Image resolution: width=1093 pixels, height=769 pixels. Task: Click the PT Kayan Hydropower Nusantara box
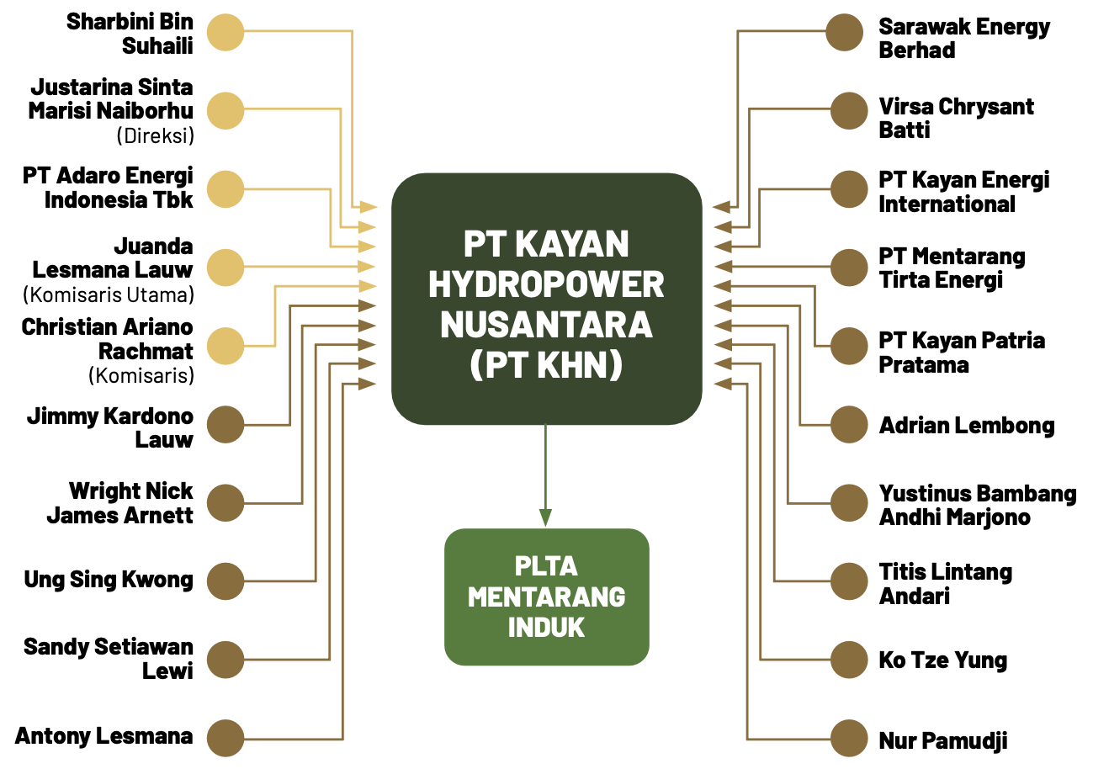[x=546, y=299]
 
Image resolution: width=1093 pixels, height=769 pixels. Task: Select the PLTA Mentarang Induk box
[x=546, y=597]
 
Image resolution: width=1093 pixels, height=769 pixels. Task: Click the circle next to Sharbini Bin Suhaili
[x=225, y=32]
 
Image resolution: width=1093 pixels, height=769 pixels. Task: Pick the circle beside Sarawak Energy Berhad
[x=844, y=33]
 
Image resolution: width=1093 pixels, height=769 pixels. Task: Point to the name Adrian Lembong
[x=966, y=425]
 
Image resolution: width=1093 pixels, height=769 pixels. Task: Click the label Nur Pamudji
[x=942, y=740]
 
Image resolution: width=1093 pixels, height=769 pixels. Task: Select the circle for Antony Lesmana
[x=225, y=738]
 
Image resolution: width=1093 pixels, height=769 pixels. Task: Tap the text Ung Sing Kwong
[x=109, y=580]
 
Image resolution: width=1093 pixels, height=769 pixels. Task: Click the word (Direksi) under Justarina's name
[x=156, y=134]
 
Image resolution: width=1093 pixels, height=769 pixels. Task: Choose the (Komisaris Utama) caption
[x=109, y=294]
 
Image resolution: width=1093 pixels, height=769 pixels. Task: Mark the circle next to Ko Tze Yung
[x=849, y=660]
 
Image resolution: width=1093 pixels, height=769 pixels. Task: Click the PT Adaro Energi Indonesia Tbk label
[x=108, y=188]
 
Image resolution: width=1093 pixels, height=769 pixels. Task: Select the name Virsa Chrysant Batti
[x=956, y=118]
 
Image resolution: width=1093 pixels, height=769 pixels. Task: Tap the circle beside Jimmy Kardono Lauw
[x=225, y=424]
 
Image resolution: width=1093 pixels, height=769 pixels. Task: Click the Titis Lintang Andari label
[x=945, y=584]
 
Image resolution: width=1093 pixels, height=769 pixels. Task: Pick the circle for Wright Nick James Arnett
[x=225, y=503]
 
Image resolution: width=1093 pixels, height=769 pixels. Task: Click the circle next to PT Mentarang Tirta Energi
[x=849, y=267]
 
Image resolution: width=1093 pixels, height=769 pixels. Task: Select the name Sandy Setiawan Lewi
[x=109, y=659]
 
